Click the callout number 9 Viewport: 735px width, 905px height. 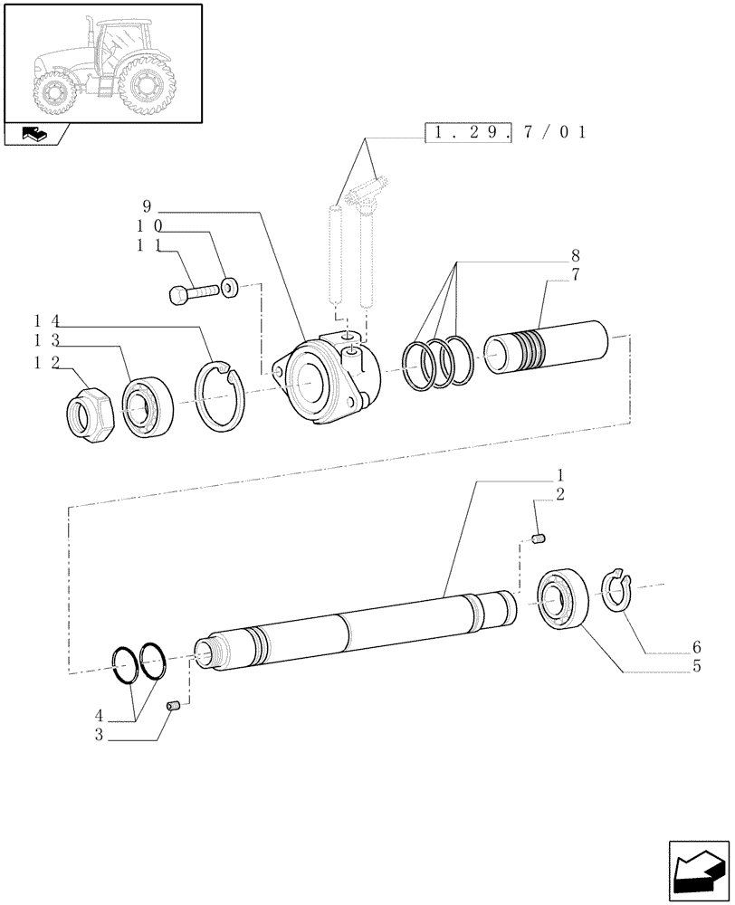click(146, 205)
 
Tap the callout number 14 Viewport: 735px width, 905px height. click(46, 320)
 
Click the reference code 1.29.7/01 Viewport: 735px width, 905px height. click(506, 132)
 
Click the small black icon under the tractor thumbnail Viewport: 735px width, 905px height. click(35, 136)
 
